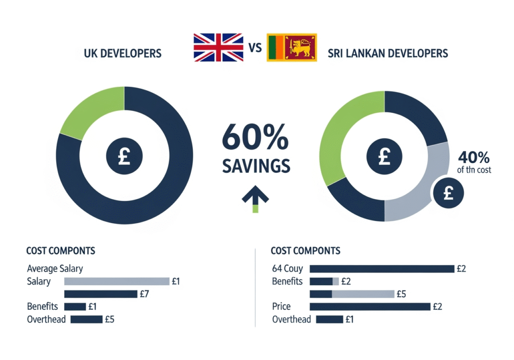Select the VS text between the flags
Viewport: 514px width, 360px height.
[256, 49]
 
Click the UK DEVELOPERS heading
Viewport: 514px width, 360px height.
[123, 53]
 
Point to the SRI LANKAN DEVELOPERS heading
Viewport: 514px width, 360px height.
[388, 53]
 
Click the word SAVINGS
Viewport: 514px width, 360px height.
[256, 166]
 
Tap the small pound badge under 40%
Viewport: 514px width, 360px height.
[448, 193]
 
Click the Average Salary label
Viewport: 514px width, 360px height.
[55, 269]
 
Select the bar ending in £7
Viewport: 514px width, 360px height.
[100, 294]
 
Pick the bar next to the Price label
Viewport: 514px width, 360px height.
[370, 306]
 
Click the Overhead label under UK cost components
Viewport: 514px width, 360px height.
[46, 319]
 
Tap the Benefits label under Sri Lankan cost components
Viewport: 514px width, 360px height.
[287, 281]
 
